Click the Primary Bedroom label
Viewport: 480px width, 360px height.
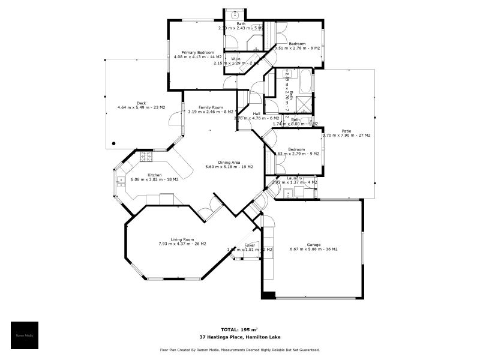click(194, 53)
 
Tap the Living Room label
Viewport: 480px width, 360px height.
click(182, 239)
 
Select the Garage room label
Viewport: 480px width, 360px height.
click(313, 245)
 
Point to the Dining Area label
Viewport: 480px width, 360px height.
click(229, 162)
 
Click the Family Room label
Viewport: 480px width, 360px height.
click(211, 107)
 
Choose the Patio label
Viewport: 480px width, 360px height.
click(346, 131)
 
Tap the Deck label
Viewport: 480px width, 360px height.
click(141, 103)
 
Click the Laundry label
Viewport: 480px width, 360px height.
click(295, 178)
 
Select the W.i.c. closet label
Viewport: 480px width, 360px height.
click(236, 59)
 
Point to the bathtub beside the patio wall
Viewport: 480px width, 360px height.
click(305, 80)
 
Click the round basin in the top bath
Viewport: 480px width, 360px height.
click(236, 14)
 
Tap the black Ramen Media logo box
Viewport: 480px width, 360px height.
click(25, 335)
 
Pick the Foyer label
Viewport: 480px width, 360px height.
click(250, 245)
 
